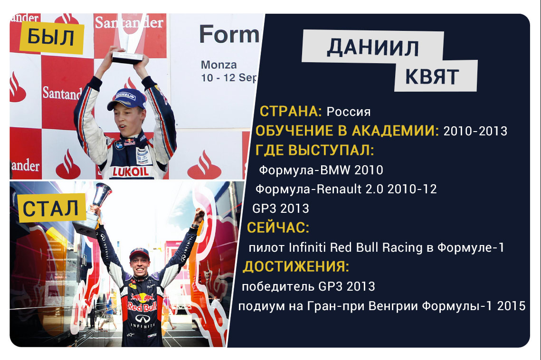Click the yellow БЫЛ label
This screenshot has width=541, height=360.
pyautogui.click(x=52, y=37)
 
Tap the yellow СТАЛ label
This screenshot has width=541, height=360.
pyautogui.click(x=52, y=208)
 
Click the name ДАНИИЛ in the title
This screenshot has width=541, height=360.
pyautogui.click(x=373, y=47)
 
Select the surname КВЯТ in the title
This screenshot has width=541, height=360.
pyautogui.click(x=432, y=76)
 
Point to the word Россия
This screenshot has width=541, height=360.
pyautogui.click(x=349, y=112)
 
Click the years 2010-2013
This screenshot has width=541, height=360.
pyautogui.click(x=475, y=131)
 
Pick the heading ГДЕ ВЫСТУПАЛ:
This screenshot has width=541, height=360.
pyautogui.click(x=314, y=151)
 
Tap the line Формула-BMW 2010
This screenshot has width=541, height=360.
pyautogui.click(x=321, y=170)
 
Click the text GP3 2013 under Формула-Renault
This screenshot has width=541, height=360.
pyautogui.click(x=281, y=208)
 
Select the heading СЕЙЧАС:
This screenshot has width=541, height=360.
pyautogui.click(x=278, y=228)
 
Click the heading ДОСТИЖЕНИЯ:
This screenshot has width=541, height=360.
pyautogui.click(x=296, y=267)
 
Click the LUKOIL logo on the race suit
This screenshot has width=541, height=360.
pyautogui.click(x=131, y=171)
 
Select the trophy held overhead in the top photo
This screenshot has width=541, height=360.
pyautogui.click(x=128, y=38)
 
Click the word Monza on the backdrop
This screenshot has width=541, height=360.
pyautogui.click(x=219, y=65)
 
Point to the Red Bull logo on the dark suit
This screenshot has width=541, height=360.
pyautogui.click(x=142, y=303)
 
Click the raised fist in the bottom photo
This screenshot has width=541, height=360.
pyautogui.click(x=199, y=215)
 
